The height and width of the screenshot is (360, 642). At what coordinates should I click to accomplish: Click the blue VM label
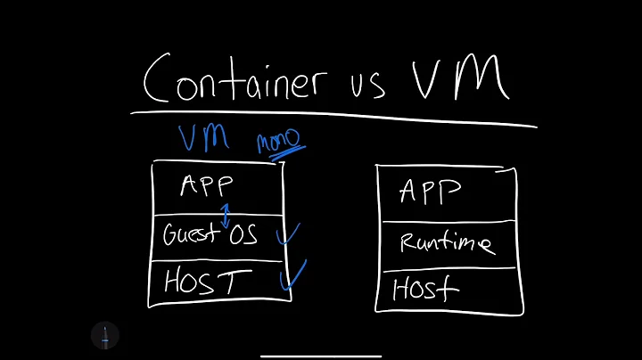(203, 138)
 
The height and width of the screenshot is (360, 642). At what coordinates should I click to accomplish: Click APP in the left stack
(206, 186)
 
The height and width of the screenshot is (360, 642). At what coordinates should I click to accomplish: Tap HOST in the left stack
(202, 282)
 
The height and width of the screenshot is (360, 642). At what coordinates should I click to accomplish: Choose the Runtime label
(446, 242)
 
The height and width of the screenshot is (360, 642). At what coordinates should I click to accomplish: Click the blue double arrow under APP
(226, 214)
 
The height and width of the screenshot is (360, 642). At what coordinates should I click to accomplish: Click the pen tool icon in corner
(105, 336)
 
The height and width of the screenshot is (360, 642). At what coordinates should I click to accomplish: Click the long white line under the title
(334, 118)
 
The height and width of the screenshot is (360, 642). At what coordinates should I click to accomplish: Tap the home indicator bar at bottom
(321, 355)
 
